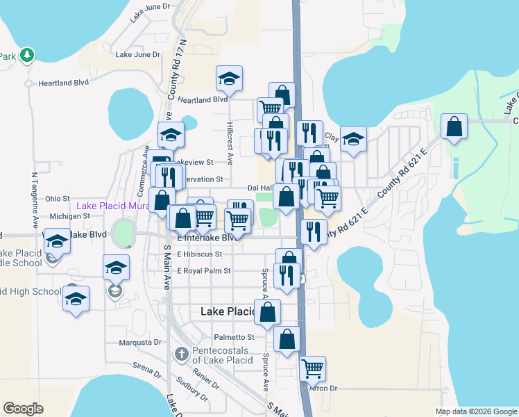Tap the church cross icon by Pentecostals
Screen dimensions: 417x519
pos(181,354)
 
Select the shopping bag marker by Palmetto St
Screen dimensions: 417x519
pos(287,338)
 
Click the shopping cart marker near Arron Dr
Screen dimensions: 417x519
pos(313,367)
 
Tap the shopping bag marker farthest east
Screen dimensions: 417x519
pos(454,127)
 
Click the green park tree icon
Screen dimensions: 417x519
pos(27,55)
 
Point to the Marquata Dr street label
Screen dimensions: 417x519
pos(139,342)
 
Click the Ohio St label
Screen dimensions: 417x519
pos(58,199)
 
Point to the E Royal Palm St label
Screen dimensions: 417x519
pos(204,270)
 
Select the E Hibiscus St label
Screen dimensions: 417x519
pos(199,254)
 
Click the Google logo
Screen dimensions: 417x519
pos(23,409)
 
